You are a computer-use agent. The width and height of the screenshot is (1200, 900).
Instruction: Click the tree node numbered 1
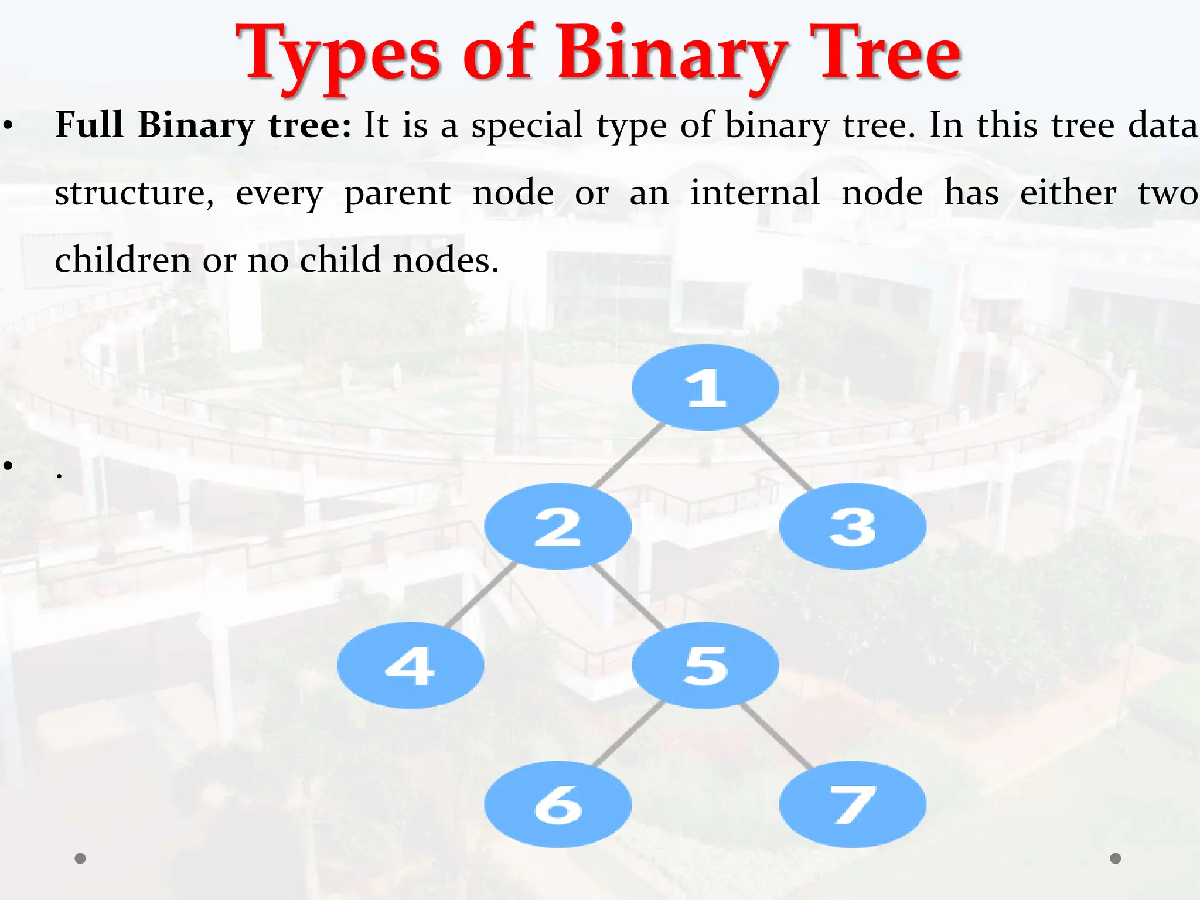(705, 387)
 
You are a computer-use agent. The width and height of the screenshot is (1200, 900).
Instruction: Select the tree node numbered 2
(558, 526)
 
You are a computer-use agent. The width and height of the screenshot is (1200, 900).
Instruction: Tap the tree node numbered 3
(853, 526)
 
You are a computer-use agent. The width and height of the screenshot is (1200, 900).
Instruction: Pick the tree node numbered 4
(410, 665)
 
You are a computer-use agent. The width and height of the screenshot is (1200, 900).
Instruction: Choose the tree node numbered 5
(705, 665)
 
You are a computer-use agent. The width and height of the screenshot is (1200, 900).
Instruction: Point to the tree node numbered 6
(558, 804)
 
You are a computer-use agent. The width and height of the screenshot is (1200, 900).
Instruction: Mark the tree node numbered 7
(853, 804)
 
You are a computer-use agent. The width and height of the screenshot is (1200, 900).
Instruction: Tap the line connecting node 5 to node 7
(776, 735)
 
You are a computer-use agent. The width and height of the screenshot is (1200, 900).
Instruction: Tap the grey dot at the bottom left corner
(80, 858)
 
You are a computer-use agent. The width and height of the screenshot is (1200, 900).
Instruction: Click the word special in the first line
(527, 125)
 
